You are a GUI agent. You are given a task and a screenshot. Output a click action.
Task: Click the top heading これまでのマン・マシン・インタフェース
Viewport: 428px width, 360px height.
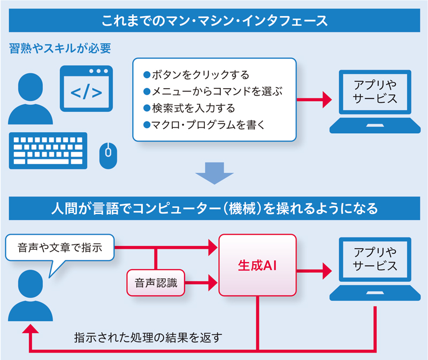(x=214, y=22)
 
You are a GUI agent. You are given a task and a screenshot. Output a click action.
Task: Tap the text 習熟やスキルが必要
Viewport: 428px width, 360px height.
(x=60, y=49)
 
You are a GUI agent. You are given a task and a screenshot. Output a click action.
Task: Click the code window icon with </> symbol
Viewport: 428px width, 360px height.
(x=86, y=88)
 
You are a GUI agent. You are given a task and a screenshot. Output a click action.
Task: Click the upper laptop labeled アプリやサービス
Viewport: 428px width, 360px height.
(x=375, y=101)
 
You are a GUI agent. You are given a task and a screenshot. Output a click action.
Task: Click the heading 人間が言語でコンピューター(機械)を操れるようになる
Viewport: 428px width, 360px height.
(x=214, y=208)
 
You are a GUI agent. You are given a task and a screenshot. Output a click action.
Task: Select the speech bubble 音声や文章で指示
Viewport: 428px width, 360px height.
(x=59, y=248)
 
